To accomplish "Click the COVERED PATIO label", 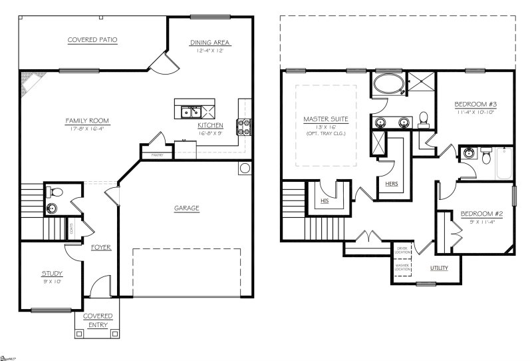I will pyautogui.click(x=92, y=40).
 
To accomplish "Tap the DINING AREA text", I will pyautogui.click(x=210, y=43).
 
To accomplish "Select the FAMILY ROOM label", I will pyautogui.click(x=86, y=121).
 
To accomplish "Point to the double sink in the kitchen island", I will pyautogui.click(x=190, y=111).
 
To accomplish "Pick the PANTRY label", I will pyautogui.click(x=157, y=155).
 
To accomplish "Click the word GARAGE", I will pyautogui.click(x=187, y=208).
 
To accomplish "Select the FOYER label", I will pyautogui.click(x=101, y=247).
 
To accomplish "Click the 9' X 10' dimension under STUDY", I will pyautogui.click(x=51, y=281).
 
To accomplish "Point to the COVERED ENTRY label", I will pyautogui.click(x=98, y=320).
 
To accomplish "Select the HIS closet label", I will pyautogui.click(x=325, y=200).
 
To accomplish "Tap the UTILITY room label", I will pyautogui.click(x=439, y=268).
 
